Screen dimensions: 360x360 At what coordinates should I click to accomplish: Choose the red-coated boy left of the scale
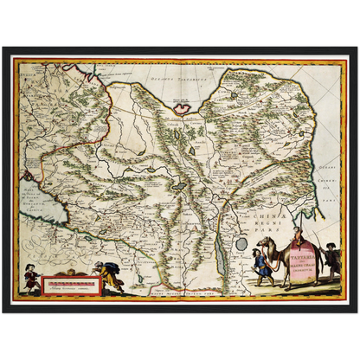coord(32,279)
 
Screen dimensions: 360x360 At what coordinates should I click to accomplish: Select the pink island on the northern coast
coord(181,108)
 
